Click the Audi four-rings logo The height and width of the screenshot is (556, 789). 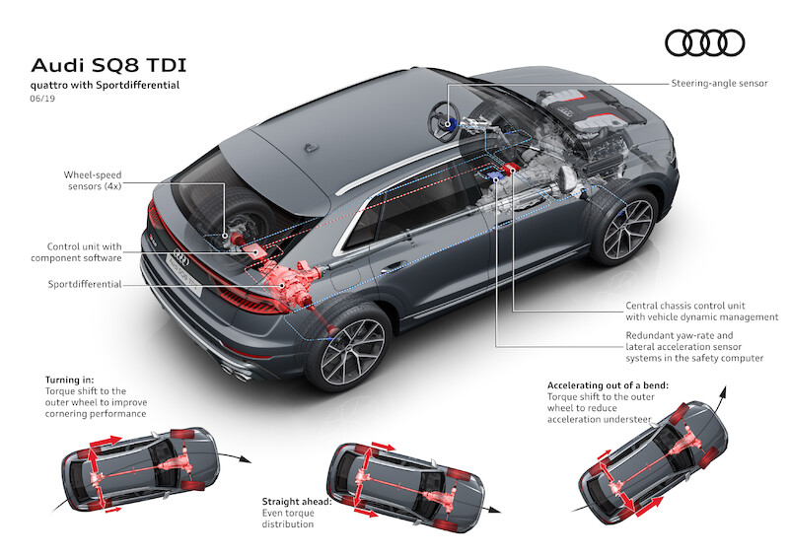(x=704, y=42)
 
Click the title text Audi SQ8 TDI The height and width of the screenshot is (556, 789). (x=105, y=65)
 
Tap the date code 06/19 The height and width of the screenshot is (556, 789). (x=45, y=100)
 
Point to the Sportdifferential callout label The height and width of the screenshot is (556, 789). (x=84, y=283)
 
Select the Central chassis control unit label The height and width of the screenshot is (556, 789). (x=702, y=311)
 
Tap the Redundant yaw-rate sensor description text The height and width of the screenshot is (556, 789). (x=694, y=346)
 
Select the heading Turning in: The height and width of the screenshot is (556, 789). (x=71, y=380)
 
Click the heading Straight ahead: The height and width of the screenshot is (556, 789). (x=297, y=501)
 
